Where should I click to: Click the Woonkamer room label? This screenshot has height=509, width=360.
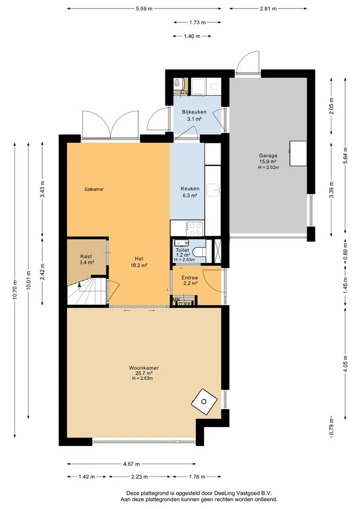[144, 368]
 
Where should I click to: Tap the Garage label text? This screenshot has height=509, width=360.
[268, 156]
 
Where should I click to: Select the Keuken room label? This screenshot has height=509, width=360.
[190, 189]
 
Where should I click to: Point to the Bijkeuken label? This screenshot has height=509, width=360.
[194, 112]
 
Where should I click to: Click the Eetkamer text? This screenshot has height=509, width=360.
[94, 189]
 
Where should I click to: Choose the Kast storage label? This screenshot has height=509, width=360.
[86, 256]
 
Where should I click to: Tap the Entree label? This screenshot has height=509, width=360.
[189, 278]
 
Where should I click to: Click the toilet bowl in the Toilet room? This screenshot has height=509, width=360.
[198, 251]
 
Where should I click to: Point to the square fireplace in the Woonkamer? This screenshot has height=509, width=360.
[204, 402]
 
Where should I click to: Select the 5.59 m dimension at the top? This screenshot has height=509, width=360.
[144, 9]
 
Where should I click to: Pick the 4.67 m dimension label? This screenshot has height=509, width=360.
[131, 464]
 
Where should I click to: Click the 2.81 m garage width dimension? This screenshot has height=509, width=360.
[268, 9]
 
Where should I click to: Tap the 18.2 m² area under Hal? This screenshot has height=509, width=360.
[139, 265]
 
